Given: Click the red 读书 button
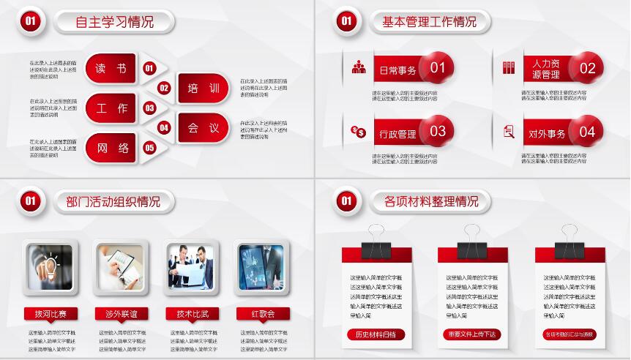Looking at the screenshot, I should tap(111, 69).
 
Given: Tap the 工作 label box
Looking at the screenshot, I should tap(111, 108).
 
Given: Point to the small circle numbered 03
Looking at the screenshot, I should tap(150, 108).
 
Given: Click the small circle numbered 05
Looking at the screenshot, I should tap(150, 148).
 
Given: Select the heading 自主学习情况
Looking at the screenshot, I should tap(115, 22).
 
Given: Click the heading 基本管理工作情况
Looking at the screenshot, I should tap(429, 22).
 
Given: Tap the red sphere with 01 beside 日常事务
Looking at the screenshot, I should tap(437, 69).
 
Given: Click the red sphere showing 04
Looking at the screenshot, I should tap(587, 132).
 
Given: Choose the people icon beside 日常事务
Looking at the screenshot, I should tap(359, 68).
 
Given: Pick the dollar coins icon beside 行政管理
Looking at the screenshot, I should tap(359, 132).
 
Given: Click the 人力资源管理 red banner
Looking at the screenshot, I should tap(545, 69).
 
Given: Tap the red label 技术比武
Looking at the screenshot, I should tap(193, 314).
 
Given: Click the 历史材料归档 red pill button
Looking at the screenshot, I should tap(375, 334).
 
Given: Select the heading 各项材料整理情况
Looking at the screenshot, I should tap(431, 200).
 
